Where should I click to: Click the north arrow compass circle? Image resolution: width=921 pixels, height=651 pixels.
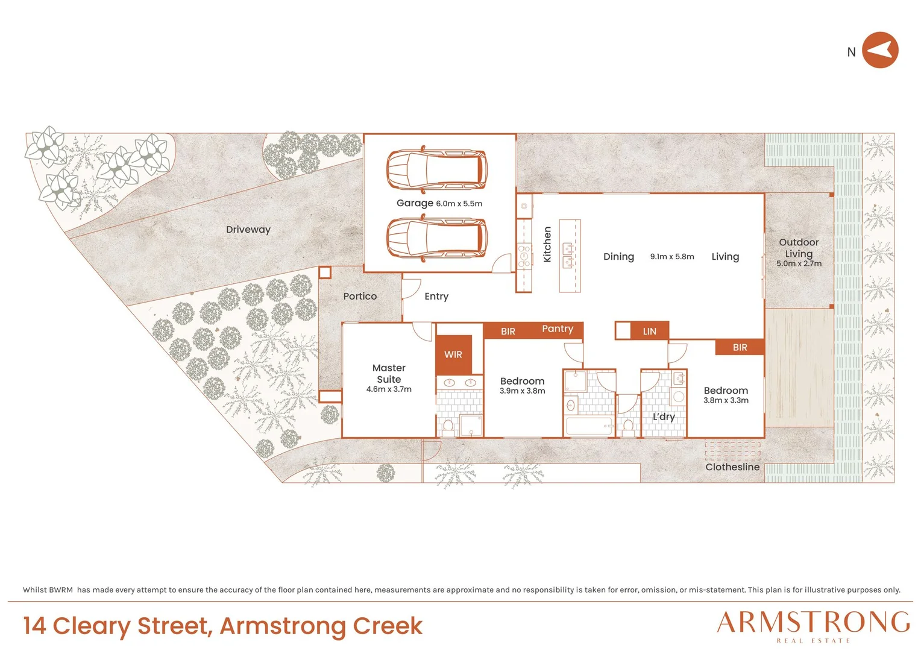(x=880, y=50)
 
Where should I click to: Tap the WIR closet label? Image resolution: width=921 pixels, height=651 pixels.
(x=453, y=354)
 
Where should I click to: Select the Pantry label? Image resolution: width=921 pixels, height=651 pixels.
(x=558, y=329)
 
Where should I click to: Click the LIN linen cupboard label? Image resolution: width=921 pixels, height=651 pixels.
(x=650, y=331)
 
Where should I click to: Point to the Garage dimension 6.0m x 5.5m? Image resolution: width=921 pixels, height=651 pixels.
(x=459, y=204)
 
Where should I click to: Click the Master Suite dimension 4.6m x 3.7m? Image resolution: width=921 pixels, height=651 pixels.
(x=389, y=389)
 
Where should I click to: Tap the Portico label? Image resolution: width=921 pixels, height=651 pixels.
(x=360, y=296)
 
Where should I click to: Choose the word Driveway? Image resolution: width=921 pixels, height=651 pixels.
(x=248, y=230)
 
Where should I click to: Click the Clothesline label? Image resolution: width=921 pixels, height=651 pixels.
(x=732, y=467)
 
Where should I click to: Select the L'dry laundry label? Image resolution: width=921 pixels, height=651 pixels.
(x=664, y=417)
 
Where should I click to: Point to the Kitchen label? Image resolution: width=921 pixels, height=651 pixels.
(x=547, y=244)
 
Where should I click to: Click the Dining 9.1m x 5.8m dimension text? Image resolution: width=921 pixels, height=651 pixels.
(x=672, y=257)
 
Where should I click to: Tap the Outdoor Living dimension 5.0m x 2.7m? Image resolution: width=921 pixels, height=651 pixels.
(x=799, y=263)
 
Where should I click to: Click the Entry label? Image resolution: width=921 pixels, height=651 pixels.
(x=436, y=297)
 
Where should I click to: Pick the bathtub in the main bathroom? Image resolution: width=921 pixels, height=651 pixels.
(x=589, y=426)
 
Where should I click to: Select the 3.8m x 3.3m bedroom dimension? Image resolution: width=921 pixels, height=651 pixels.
(x=726, y=400)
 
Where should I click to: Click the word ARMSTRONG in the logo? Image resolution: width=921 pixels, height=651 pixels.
(x=813, y=622)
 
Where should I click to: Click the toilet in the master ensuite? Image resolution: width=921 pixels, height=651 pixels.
(x=448, y=427)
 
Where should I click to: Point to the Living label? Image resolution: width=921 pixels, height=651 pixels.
(x=725, y=257)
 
